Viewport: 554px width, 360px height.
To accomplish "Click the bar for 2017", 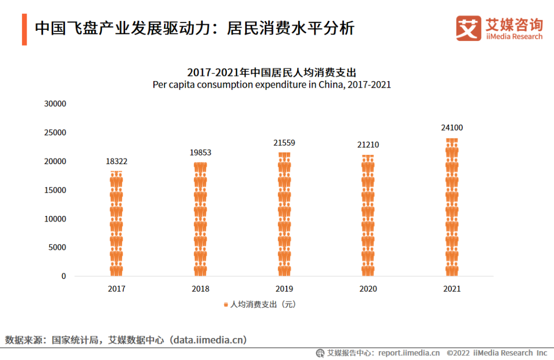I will point(116,224).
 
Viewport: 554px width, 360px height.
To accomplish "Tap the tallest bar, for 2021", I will point(452,207).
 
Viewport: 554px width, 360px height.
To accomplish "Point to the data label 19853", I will point(201,153).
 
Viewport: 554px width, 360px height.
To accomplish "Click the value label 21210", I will point(368,145).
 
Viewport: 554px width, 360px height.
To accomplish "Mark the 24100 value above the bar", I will point(452,128).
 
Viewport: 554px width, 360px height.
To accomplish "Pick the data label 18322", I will point(116,162).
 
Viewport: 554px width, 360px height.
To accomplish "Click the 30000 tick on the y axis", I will point(55,104).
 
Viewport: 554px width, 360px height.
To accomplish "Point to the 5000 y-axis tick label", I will point(57,248).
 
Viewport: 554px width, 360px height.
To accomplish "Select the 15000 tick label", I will point(55,190).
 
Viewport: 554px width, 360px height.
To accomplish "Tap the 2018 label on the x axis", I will point(201,289).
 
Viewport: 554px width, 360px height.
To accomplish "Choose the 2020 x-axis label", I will point(368,289).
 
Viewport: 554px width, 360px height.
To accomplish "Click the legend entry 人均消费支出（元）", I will point(261,305).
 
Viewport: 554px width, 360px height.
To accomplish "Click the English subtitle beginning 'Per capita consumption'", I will point(272,85).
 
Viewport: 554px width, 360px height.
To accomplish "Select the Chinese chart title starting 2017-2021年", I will point(272,72).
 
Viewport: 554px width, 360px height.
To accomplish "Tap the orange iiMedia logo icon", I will point(468,28).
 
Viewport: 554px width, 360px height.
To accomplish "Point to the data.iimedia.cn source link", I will point(209,340).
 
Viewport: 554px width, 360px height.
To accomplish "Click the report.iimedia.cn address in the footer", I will point(409,353).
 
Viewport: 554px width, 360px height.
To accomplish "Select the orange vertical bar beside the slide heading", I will point(24,29).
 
